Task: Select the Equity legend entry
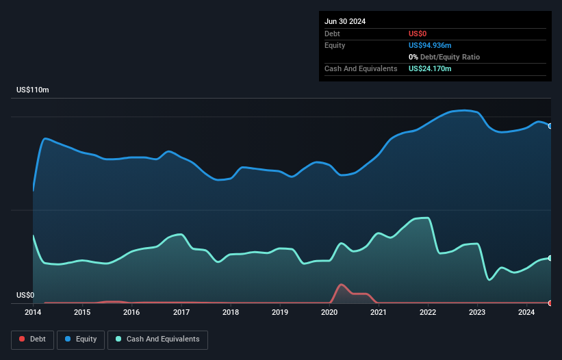tap(81, 339)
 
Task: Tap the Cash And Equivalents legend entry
tap(157, 339)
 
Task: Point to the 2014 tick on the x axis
tap(33, 313)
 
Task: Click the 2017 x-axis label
tap(181, 313)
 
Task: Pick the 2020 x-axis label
tap(329, 313)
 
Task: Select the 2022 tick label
tap(428, 313)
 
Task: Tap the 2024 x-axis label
tap(526, 313)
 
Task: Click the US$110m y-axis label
tap(33, 90)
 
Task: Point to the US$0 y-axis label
tap(25, 296)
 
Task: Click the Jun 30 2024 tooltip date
tap(345, 21)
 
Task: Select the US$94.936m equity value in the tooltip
tap(430, 45)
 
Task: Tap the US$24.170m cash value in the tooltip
tap(430, 68)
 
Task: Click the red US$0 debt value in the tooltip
tap(418, 34)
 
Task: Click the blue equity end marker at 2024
tap(550, 126)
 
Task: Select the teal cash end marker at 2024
tap(550, 258)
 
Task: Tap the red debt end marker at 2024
tap(550, 303)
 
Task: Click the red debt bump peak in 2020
tap(341, 284)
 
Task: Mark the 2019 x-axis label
tap(280, 313)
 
